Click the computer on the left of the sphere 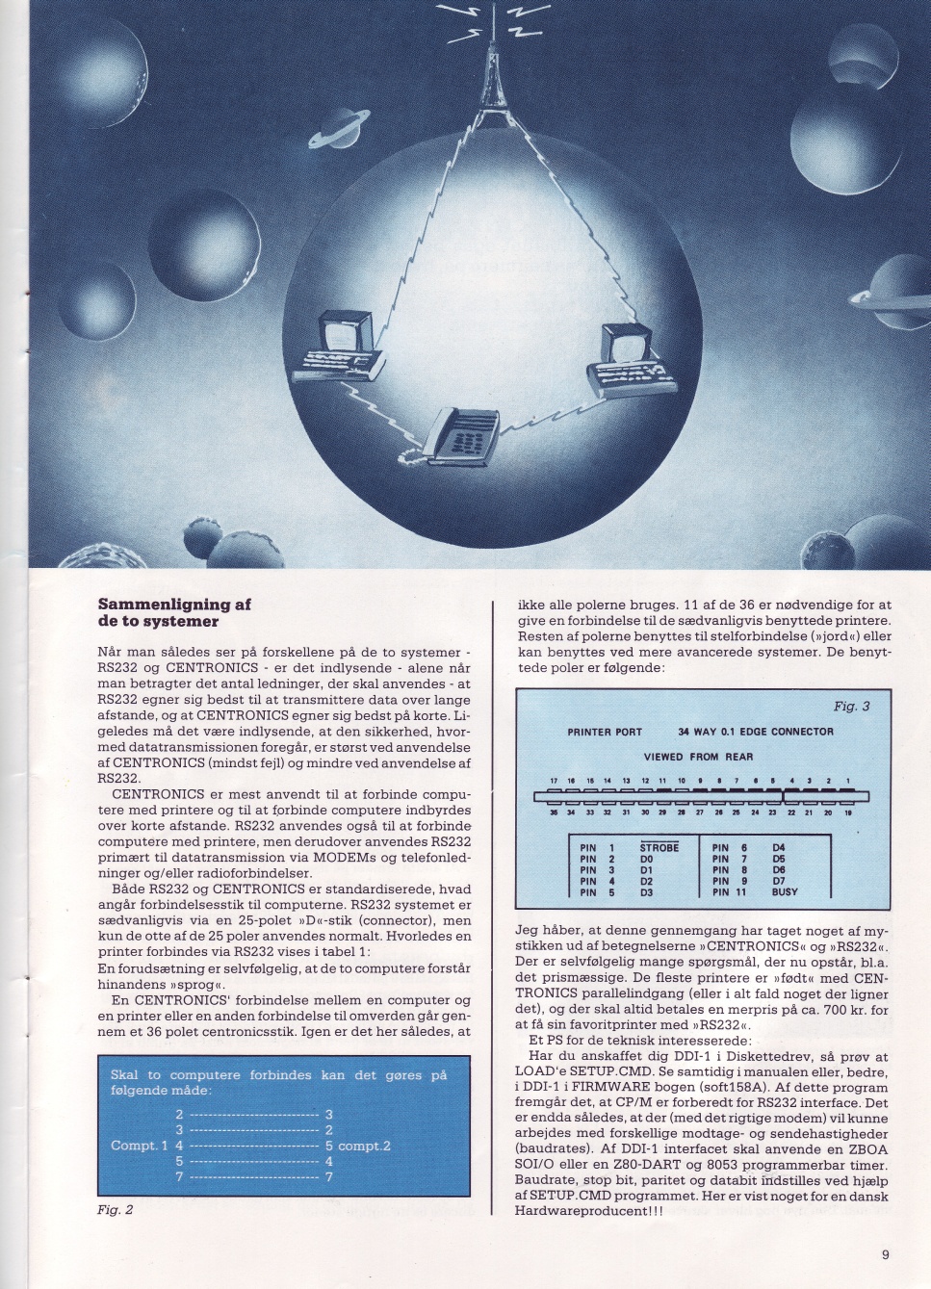(x=345, y=346)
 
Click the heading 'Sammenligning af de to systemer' (x=173, y=612)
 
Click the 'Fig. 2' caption (x=115, y=1210)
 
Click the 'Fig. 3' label (x=851, y=707)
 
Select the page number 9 (x=885, y=1254)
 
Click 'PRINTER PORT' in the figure (x=605, y=732)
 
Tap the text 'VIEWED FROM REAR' (x=698, y=757)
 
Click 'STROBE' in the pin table (x=659, y=847)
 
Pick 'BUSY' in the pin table (x=786, y=892)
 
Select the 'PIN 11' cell (x=731, y=892)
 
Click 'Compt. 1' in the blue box (x=140, y=1146)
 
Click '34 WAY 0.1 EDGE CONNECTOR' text (x=755, y=732)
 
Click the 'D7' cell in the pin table (x=779, y=881)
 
